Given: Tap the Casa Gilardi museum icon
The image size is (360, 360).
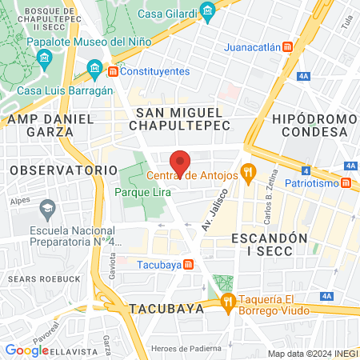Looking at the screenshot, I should coord(209,10).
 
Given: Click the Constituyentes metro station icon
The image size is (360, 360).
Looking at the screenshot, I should coord(113,71).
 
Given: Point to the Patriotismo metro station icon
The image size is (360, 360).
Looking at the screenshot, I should coord(346,183).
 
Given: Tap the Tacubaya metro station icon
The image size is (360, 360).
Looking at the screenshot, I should coord(187,264).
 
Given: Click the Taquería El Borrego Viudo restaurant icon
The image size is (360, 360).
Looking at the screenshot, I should coord(228,301).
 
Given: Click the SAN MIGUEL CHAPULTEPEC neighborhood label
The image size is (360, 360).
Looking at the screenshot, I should coord(183,118).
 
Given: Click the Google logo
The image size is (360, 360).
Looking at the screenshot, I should coord(26,350).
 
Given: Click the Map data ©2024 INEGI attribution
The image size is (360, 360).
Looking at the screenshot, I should coord(312,353).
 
